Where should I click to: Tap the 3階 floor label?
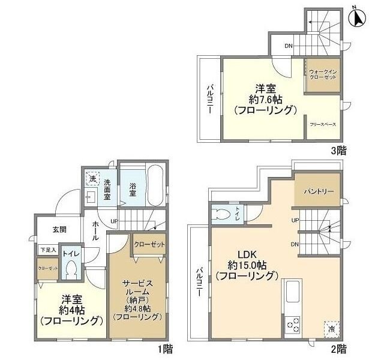(338, 151)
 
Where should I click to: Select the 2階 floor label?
(338, 347)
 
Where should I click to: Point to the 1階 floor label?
(166, 347)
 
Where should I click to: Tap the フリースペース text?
(323, 124)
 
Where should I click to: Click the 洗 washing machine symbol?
(92, 179)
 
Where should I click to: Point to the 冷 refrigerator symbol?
(331, 328)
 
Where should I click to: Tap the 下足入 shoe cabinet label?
(48, 250)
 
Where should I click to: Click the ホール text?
(97, 229)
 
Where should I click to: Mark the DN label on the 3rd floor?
(288, 46)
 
